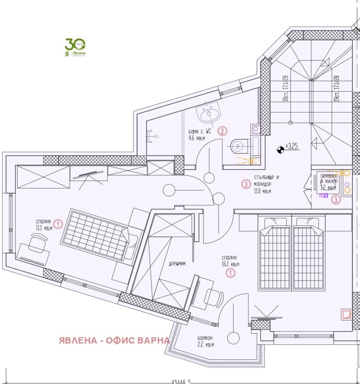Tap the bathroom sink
point(209,115)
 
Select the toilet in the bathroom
point(237,146)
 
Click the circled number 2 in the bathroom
point(222,131)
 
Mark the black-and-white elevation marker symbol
point(281,149)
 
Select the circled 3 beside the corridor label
point(246,184)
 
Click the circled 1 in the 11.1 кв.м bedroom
point(58,223)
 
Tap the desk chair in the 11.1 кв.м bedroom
point(35,246)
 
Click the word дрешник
point(176,264)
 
